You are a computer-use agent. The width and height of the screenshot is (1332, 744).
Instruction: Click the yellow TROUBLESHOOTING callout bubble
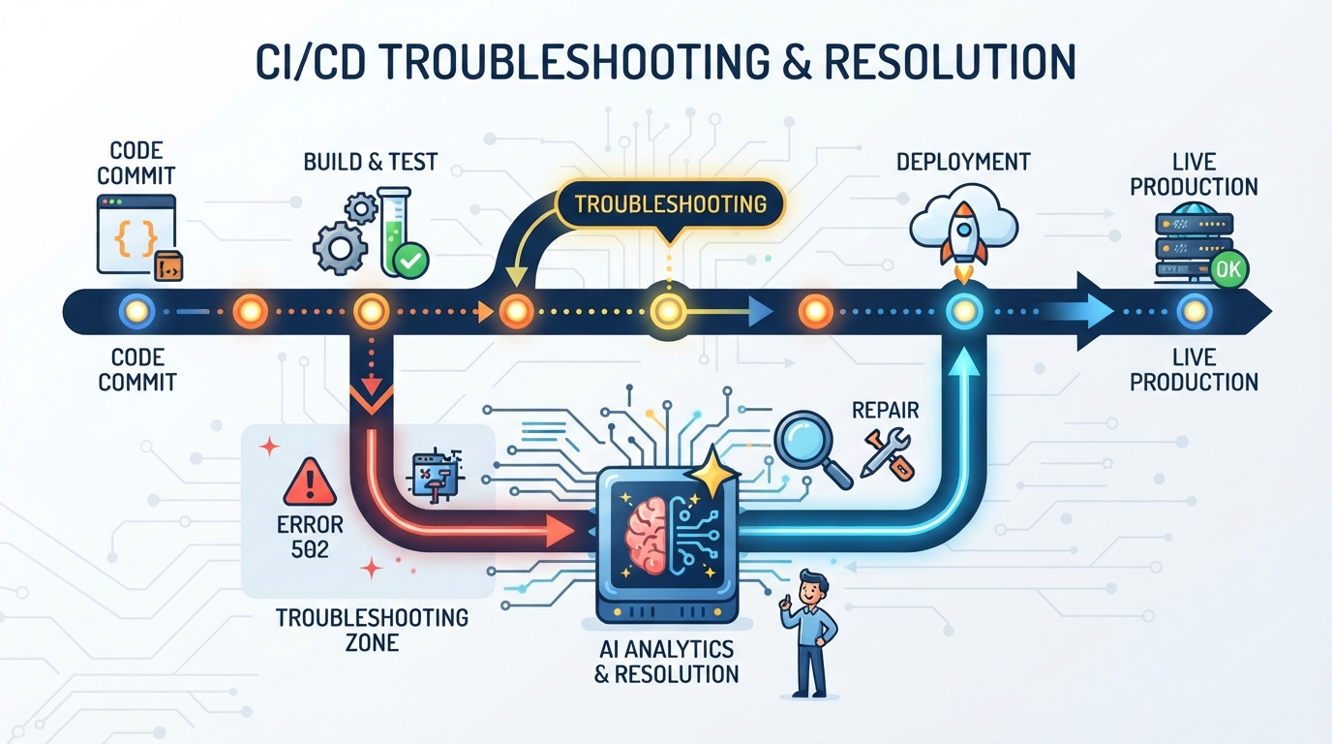click(x=670, y=204)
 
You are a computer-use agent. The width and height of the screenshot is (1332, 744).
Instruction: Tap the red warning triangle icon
click(x=310, y=481)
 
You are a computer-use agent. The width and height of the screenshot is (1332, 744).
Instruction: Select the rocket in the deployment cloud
click(x=964, y=235)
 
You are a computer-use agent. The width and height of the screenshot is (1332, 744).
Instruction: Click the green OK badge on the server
click(x=1228, y=269)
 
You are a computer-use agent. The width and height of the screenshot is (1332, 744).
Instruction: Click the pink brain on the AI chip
click(x=647, y=536)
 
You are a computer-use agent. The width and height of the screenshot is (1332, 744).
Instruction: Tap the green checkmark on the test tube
click(x=411, y=261)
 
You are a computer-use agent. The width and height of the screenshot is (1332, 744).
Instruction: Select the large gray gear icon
click(x=340, y=248)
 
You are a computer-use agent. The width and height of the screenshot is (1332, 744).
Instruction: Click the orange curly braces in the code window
click(x=136, y=237)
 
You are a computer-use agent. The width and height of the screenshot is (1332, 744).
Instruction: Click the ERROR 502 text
click(x=310, y=537)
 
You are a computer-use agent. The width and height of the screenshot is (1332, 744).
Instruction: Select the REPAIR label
click(x=886, y=410)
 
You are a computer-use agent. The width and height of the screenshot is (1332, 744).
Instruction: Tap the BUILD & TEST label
click(x=371, y=162)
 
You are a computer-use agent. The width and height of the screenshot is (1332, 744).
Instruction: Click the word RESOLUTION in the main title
click(x=950, y=61)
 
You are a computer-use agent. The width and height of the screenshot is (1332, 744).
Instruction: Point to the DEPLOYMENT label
click(x=963, y=162)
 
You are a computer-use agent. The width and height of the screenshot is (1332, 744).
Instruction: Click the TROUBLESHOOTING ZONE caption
click(x=373, y=630)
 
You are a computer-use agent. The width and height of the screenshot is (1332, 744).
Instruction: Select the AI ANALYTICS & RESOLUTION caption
click(x=667, y=662)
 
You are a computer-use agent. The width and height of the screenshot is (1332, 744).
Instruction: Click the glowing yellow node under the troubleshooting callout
click(x=668, y=311)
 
